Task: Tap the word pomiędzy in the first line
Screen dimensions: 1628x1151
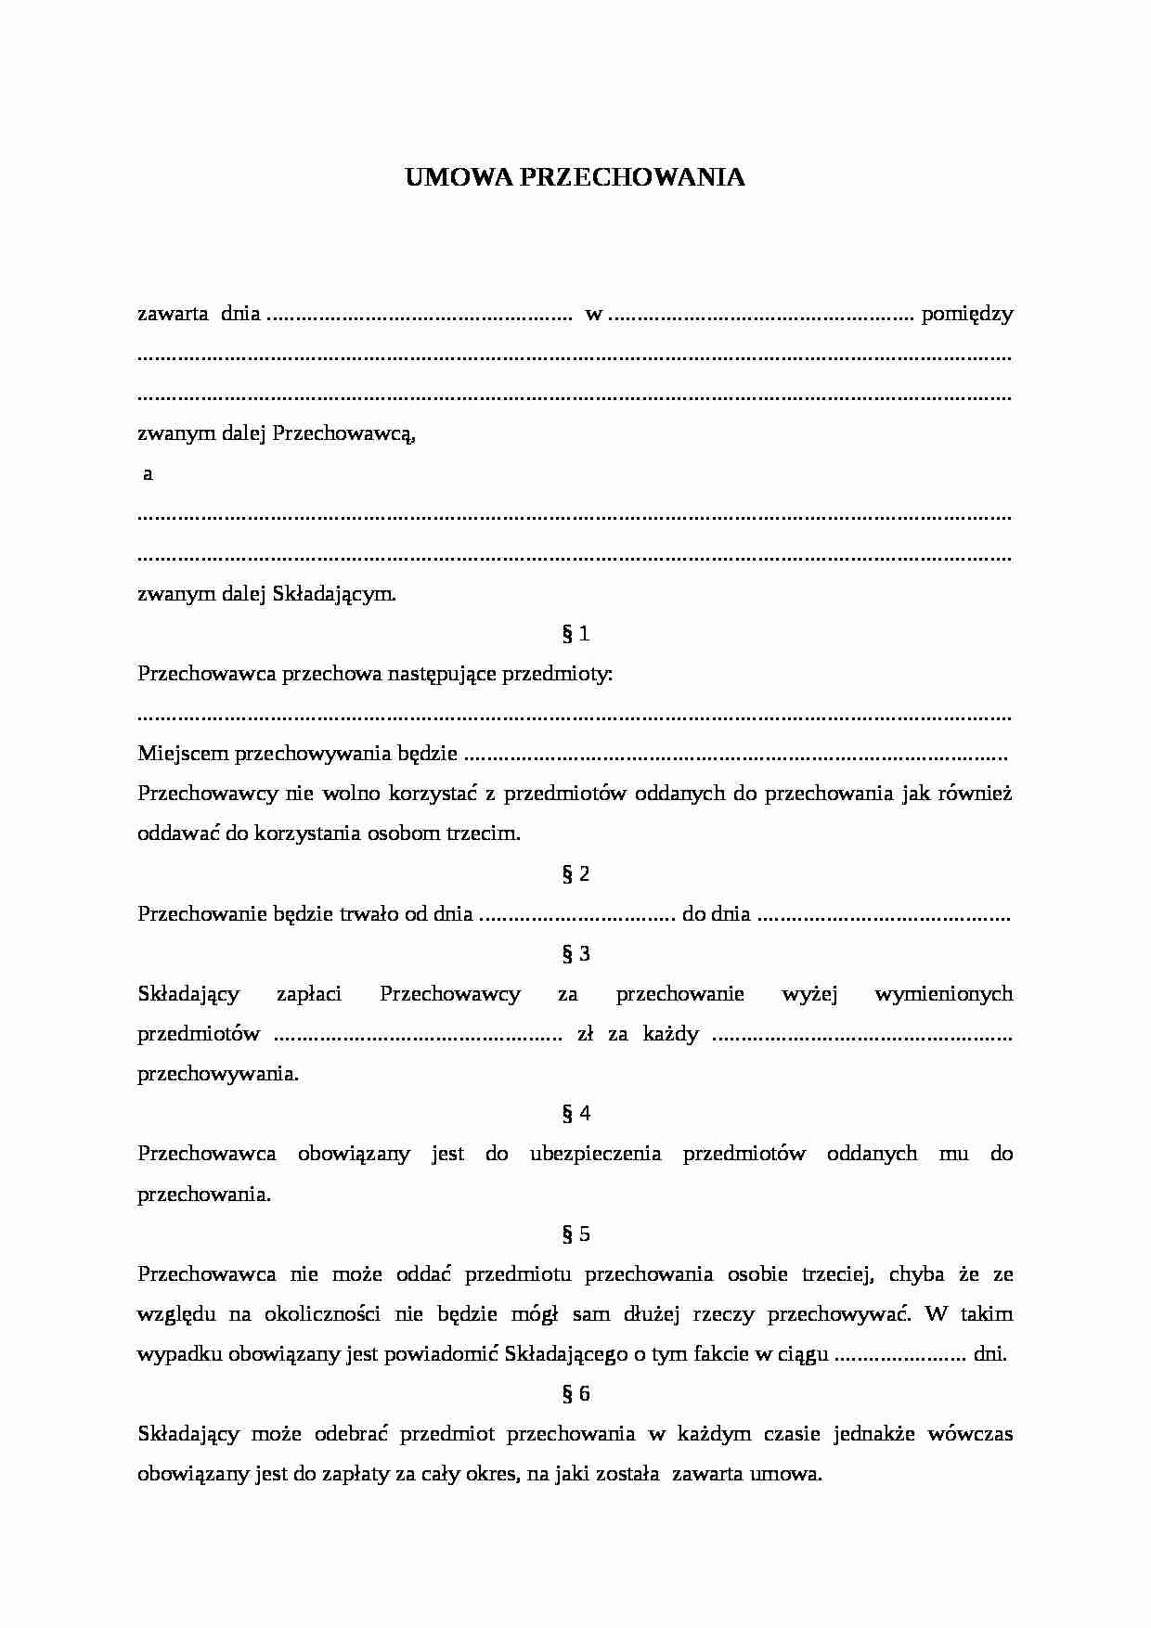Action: (966, 315)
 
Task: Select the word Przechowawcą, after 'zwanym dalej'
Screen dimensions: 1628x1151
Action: (343, 433)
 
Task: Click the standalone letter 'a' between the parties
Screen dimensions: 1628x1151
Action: (148, 474)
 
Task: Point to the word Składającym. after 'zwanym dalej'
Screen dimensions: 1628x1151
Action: (334, 594)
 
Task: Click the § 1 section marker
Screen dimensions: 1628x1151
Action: (575, 634)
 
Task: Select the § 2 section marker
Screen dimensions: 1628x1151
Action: (575, 873)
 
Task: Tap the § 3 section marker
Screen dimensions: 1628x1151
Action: (575, 954)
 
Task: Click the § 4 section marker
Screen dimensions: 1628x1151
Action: (575, 1114)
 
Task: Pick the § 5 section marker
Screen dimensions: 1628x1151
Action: (575, 1234)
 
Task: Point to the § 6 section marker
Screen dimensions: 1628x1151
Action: (575, 1394)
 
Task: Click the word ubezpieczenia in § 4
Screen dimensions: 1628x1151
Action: (595, 1154)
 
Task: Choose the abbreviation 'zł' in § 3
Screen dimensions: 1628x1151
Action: (585, 1034)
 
